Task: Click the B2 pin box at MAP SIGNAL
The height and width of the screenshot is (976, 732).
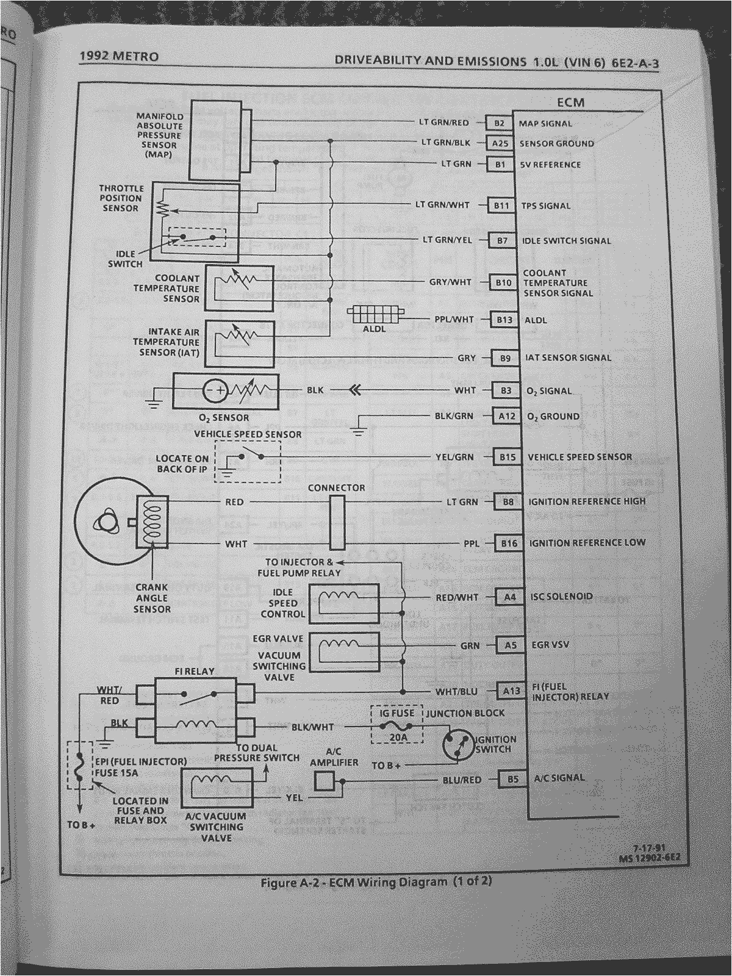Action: [x=499, y=123]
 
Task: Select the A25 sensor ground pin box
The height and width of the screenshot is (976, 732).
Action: [x=500, y=143]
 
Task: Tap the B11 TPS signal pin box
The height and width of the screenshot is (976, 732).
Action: [x=501, y=206]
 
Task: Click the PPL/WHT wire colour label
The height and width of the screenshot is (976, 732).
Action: [x=454, y=319]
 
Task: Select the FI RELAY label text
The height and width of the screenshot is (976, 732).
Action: [x=195, y=671]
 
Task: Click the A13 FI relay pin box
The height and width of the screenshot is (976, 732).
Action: [x=511, y=691]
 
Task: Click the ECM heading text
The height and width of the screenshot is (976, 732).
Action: [x=570, y=102]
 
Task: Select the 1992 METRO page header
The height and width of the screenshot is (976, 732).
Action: [x=119, y=57]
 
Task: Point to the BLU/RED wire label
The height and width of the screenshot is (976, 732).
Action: [x=462, y=780]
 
